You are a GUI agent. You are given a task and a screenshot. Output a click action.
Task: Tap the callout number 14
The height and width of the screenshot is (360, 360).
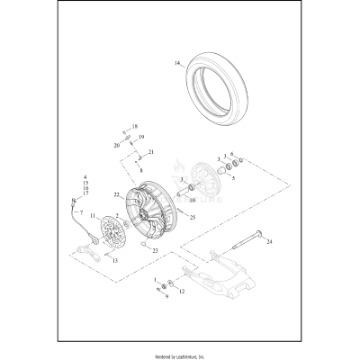click(x=177, y=63)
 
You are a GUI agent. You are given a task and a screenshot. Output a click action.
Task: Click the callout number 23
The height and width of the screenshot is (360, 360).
click(x=155, y=250)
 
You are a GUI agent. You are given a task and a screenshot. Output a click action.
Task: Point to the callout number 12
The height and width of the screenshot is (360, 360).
click(x=181, y=292)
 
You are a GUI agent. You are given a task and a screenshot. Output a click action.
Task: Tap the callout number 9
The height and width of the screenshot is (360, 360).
click(x=166, y=296)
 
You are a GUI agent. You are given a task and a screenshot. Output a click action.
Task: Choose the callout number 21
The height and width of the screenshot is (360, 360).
click(x=152, y=152)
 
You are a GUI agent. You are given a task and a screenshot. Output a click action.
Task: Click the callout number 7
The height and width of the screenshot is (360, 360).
click(x=81, y=212)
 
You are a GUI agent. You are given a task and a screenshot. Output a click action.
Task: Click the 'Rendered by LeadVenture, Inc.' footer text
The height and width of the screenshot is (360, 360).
click(x=180, y=350)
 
